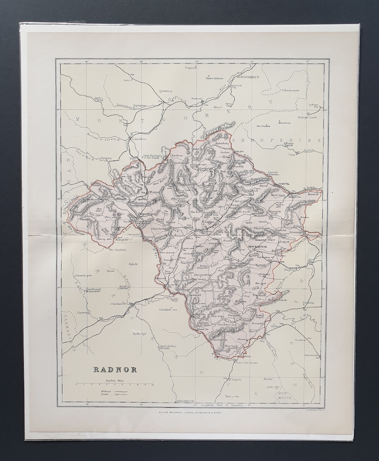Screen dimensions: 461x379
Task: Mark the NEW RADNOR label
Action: click(258, 247)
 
